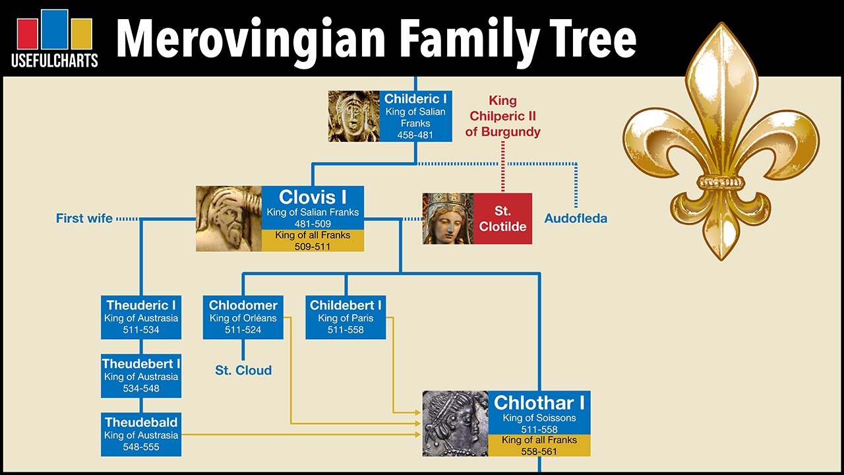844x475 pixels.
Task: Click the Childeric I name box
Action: tap(415, 117)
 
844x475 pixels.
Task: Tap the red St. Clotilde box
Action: tap(502, 218)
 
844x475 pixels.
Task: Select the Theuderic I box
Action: tap(141, 317)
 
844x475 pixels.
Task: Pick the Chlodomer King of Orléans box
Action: tap(243, 317)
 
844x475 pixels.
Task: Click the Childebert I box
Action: tap(346, 317)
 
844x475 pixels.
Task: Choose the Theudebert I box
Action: tap(141, 375)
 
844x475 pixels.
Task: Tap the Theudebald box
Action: tap(141, 434)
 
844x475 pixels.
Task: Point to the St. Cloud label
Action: tap(243, 370)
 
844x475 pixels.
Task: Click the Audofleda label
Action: tap(576, 218)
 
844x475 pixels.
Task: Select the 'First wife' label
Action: tap(84, 218)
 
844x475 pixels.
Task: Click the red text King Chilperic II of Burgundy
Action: tap(502, 116)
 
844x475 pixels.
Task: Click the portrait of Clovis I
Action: tap(229, 218)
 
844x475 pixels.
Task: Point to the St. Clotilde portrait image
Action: tap(448, 218)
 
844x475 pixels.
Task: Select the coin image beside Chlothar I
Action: tap(455, 424)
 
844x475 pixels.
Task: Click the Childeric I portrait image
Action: tap(354, 117)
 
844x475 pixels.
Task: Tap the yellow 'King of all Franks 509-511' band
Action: tap(313, 241)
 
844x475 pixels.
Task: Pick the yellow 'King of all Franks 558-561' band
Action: tap(539, 446)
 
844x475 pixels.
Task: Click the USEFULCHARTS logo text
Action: tap(55, 61)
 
